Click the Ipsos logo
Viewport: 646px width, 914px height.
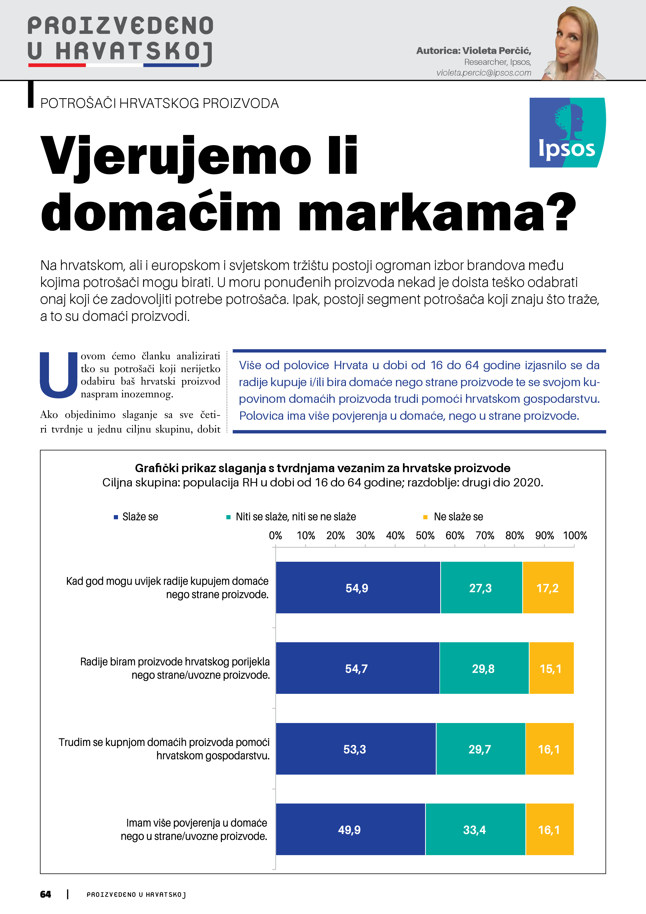(567, 133)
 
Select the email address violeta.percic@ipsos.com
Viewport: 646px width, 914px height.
(484, 73)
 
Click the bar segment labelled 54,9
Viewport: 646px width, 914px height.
(357, 588)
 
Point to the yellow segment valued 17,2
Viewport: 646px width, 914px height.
(548, 588)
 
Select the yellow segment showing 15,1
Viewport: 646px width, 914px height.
(551, 668)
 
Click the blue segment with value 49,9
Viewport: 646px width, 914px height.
(350, 830)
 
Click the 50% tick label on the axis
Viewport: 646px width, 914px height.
(425, 535)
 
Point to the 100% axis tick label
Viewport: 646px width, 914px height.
(575, 535)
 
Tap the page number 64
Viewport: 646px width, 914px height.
(46, 894)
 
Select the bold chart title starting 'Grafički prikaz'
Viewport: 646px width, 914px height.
(322, 468)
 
